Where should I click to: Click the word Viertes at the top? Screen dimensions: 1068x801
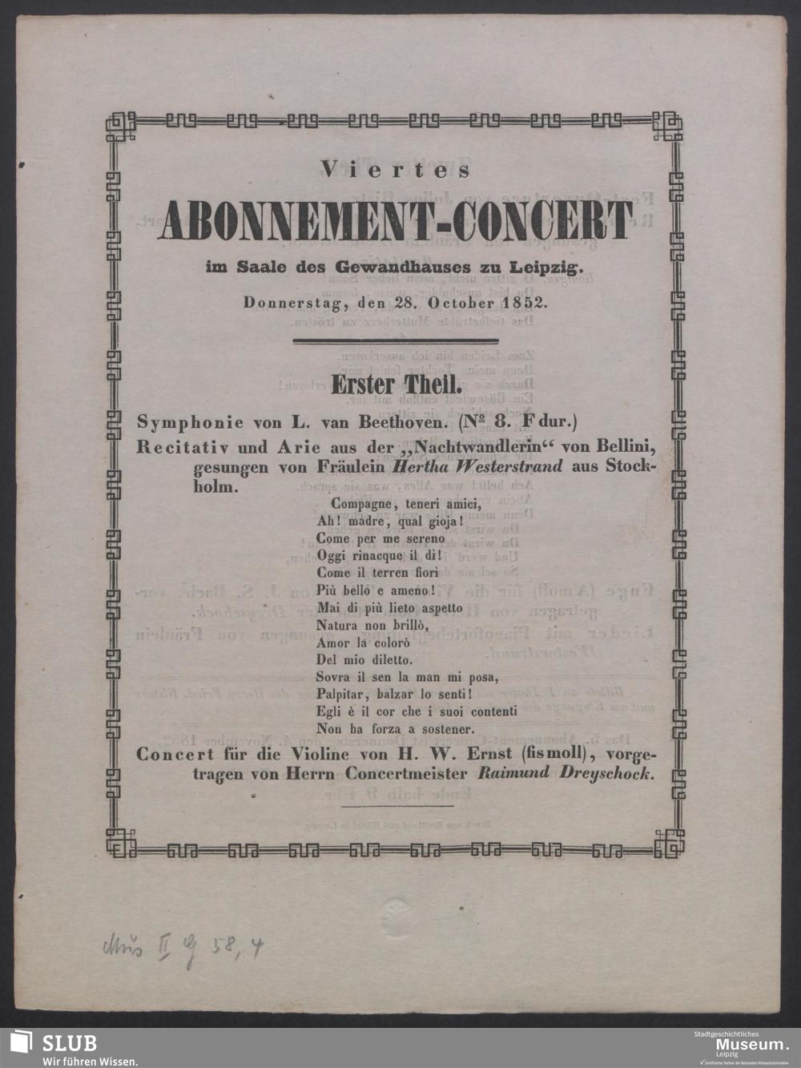pyautogui.click(x=396, y=169)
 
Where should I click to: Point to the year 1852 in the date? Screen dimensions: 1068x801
pyautogui.click(x=525, y=304)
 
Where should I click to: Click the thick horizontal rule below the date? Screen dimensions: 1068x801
pyautogui.click(x=396, y=341)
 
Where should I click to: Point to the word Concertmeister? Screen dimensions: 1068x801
pyautogui.click(x=408, y=773)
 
